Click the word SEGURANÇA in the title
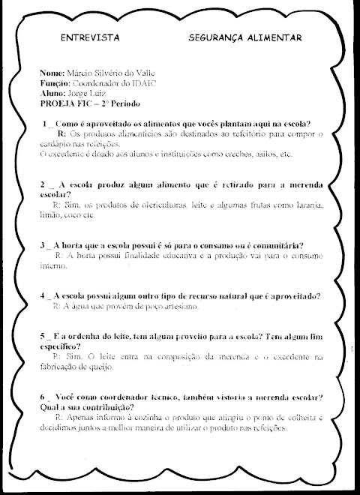216,37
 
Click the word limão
51,214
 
